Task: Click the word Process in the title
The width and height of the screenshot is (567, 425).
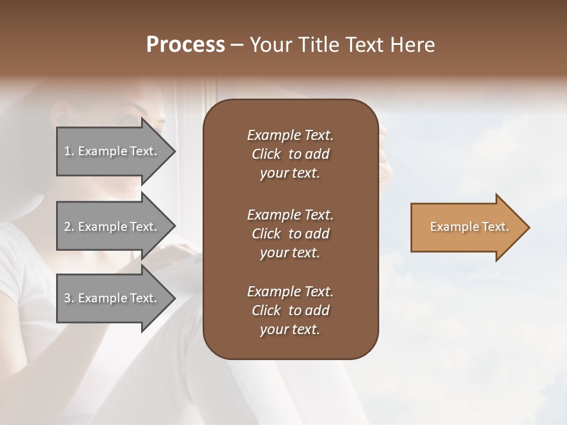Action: [x=185, y=45]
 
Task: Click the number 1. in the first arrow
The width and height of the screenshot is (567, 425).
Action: [x=69, y=151]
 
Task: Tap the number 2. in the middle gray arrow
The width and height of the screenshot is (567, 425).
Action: [x=69, y=227]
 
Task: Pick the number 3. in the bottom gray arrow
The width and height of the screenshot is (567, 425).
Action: [x=69, y=298]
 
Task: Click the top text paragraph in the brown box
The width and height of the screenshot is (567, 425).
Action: [x=290, y=154]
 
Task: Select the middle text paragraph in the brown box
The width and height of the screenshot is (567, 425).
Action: [x=290, y=233]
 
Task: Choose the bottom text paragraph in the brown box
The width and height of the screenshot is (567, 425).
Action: [x=290, y=310]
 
